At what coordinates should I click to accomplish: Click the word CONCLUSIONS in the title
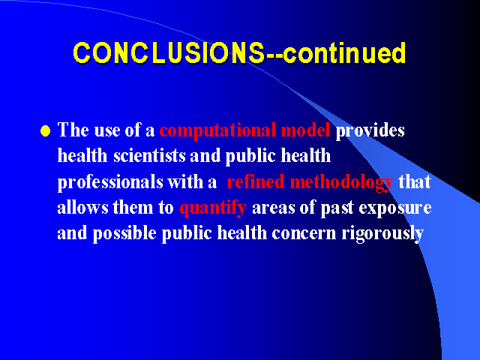[x=169, y=53]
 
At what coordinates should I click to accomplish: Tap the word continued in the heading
[x=344, y=53]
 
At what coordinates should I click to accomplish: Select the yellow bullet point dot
[x=45, y=130]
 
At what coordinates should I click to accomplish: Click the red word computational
[x=217, y=130]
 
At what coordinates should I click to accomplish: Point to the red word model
[x=305, y=130]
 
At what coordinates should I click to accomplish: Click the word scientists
[x=149, y=155]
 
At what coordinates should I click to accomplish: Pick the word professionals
[x=110, y=182]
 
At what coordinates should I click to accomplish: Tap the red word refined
[x=256, y=181]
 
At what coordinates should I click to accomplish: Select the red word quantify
[x=213, y=208]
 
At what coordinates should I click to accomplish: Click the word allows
[x=82, y=207]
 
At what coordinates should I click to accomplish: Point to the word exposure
[x=395, y=208]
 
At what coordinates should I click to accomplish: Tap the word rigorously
[x=382, y=234]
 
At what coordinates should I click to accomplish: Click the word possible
[x=124, y=234]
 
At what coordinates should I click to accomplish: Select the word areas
[x=273, y=208]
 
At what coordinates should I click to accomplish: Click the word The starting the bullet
[x=73, y=130]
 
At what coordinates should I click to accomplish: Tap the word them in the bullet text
[x=133, y=207]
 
